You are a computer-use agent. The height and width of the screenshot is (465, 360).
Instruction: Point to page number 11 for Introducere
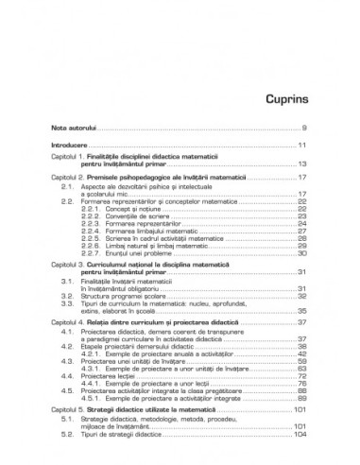point(300,145)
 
